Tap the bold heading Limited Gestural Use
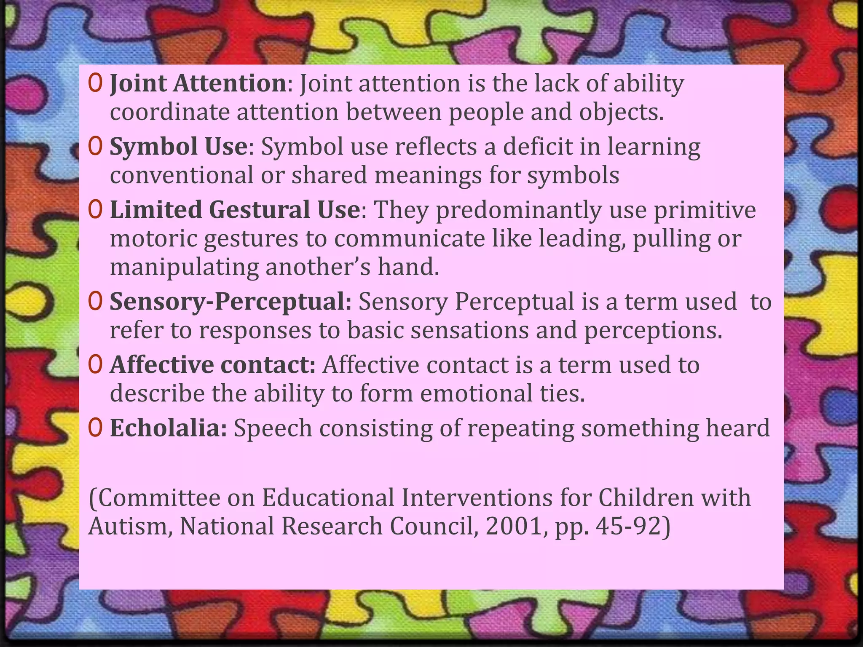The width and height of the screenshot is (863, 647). [235, 210]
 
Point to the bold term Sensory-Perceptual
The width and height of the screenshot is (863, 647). [230, 302]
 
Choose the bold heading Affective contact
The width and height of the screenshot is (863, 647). [212, 365]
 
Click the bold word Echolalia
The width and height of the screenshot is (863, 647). [168, 428]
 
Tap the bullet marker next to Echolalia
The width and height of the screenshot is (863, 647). [96, 428]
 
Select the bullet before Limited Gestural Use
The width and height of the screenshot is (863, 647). [96, 210]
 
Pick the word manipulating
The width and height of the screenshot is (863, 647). [184, 268]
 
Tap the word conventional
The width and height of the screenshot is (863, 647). [182, 175]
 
